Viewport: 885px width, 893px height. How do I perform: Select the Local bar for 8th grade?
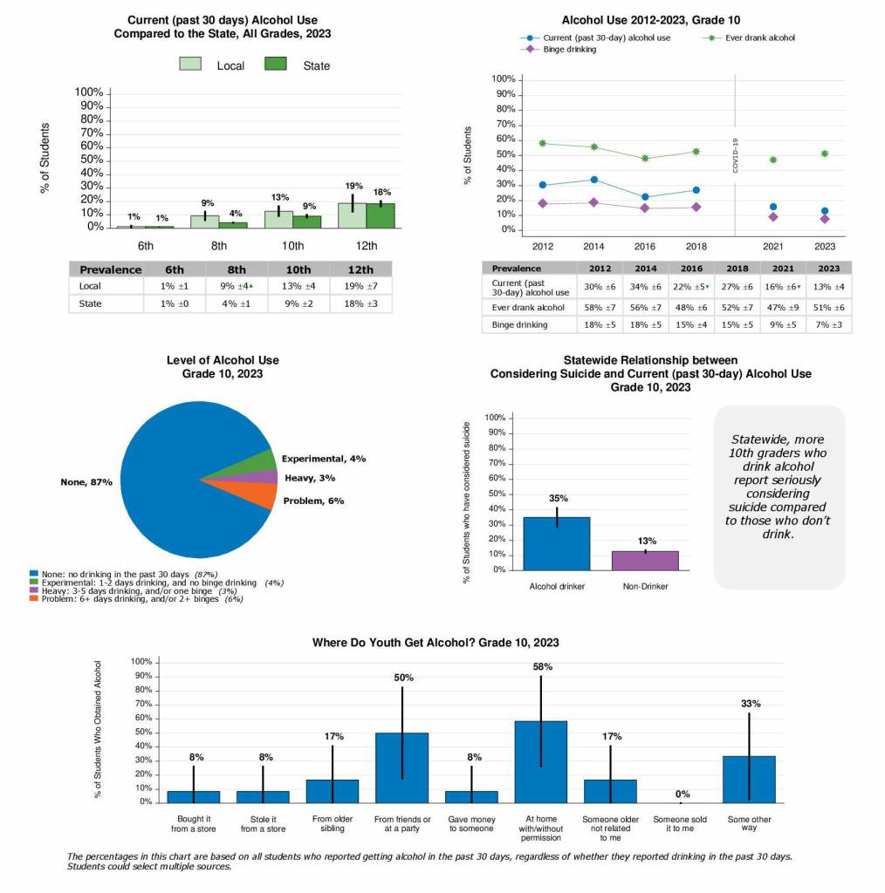[204, 222]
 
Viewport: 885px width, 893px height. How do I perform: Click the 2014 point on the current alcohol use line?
[593, 180]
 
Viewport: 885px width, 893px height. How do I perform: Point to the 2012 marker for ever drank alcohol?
[542, 143]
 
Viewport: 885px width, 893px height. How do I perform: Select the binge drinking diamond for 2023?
[825, 219]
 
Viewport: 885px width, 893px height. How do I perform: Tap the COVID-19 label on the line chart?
[735, 155]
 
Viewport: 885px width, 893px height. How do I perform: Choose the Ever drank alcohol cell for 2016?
[692, 307]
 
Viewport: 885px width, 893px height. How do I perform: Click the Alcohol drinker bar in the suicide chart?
[556, 543]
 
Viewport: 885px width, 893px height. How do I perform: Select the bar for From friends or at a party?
[401, 767]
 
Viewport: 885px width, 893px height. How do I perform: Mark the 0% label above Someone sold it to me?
[683, 794]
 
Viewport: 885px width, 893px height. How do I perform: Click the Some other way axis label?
[749, 822]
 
